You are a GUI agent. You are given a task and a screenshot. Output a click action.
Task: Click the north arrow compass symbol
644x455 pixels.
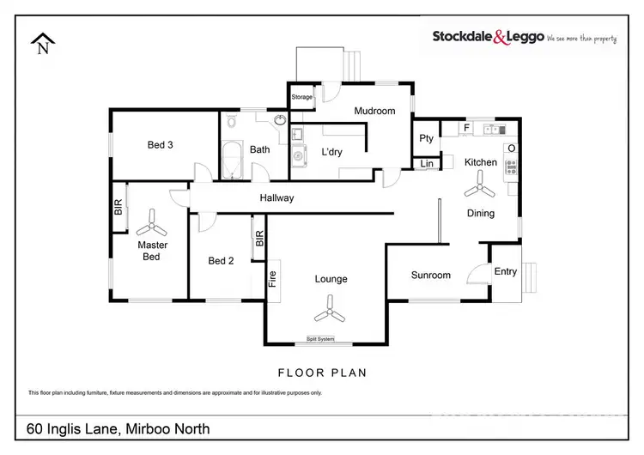(x=42, y=43)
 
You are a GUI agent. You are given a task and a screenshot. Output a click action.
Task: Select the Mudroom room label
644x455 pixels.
(x=374, y=111)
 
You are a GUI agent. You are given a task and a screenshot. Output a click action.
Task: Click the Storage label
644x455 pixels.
(x=302, y=97)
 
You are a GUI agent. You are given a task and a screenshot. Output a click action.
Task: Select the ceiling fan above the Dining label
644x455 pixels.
(x=479, y=185)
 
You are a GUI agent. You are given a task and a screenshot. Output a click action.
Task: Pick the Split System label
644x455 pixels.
(x=320, y=339)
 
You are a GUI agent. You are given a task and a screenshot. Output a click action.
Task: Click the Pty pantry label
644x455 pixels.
(x=426, y=138)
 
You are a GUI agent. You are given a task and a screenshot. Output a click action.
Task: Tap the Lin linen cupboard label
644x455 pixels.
(x=426, y=164)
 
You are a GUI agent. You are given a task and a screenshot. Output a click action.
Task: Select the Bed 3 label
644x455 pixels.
(x=161, y=145)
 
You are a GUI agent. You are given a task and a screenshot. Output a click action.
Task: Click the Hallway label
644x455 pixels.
(x=276, y=198)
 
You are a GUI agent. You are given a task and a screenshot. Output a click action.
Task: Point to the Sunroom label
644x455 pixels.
(x=430, y=276)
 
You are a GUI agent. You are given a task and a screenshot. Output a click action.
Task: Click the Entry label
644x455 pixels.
(x=505, y=271)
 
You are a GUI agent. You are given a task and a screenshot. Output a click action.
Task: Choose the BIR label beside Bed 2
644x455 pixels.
(x=258, y=240)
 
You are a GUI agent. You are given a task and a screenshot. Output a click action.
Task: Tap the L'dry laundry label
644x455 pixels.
(x=332, y=152)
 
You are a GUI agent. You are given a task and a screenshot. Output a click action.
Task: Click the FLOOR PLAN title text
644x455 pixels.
(x=322, y=373)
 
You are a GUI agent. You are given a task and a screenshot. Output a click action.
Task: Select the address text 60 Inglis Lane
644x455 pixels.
(x=118, y=428)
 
